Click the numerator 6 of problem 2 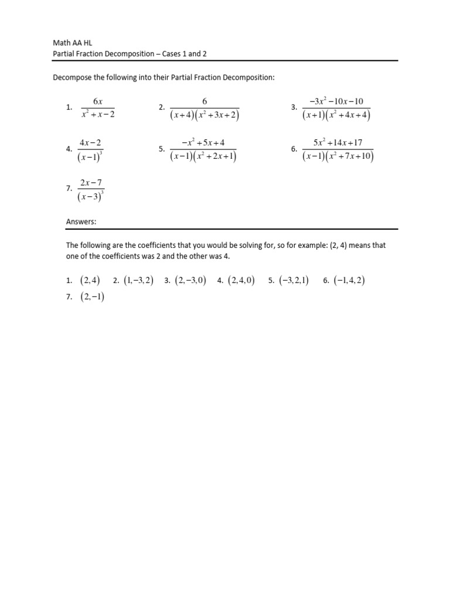(x=204, y=101)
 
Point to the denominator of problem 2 (x=204, y=115)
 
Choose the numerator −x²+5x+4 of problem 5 (x=203, y=142)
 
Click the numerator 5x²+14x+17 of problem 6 (x=338, y=142)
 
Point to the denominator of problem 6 (x=338, y=156)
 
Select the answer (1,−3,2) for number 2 (x=138, y=281)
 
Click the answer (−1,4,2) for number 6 (x=349, y=281)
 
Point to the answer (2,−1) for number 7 (x=92, y=296)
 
